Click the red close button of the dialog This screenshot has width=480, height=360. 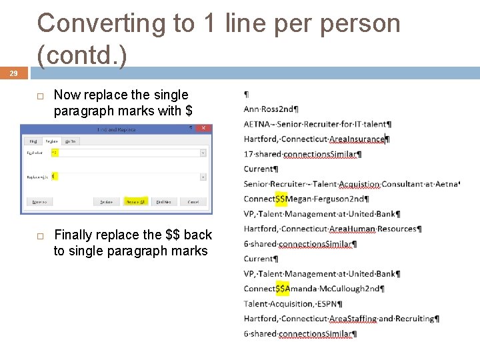point(206,129)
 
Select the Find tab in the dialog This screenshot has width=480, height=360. point(33,141)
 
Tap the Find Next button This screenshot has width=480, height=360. point(163,201)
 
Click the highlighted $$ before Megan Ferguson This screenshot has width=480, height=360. point(282,199)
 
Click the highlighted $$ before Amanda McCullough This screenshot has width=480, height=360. point(282,289)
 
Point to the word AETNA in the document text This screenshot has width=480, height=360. point(257,124)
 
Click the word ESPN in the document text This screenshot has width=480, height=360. point(327,304)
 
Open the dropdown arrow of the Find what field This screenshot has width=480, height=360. point(203,153)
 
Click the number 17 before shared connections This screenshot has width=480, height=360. point(248,155)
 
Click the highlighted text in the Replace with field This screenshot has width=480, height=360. point(54,177)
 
